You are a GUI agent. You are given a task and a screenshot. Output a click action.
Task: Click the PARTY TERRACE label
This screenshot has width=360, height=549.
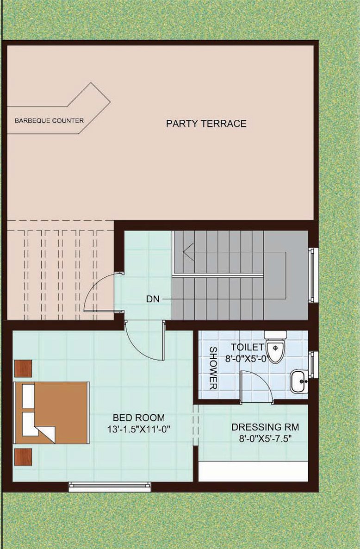(206, 124)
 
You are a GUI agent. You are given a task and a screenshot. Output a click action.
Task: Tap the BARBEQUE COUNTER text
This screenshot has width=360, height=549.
(49, 120)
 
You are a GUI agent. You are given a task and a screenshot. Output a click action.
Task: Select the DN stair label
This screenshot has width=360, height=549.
(153, 299)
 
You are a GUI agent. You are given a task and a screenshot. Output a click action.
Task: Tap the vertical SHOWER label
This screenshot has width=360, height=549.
(213, 368)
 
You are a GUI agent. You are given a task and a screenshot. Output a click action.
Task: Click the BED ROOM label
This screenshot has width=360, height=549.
(138, 418)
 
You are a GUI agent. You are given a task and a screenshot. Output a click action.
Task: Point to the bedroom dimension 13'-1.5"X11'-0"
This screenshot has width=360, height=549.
(139, 429)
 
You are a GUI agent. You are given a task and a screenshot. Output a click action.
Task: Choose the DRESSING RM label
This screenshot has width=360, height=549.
(265, 427)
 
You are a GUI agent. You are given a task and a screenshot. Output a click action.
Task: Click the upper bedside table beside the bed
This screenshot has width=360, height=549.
(23, 368)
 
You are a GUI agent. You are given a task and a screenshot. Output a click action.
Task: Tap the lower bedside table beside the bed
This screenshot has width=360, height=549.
(23, 457)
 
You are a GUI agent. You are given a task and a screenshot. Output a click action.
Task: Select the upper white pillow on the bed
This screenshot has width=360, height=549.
(28, 396)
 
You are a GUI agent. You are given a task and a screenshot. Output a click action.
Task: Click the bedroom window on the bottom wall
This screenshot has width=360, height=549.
(110, 487)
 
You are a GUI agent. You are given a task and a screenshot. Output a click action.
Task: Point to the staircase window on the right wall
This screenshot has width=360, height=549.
(313, 274)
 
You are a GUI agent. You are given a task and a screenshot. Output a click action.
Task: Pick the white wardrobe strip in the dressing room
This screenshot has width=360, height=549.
(253, 472)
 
